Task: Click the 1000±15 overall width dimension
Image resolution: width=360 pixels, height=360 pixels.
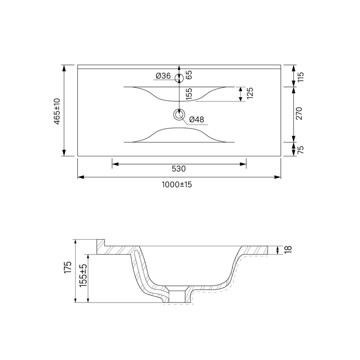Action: coord(177,185)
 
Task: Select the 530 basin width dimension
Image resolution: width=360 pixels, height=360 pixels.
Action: coord(178,169)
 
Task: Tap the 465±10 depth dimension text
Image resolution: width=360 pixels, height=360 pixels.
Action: coord(57,112)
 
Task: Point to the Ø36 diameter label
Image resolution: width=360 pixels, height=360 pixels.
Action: coord(163,76)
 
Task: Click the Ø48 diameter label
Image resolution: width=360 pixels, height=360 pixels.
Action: coord(196,119)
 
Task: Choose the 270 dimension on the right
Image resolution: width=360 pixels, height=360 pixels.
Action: coord(299,113)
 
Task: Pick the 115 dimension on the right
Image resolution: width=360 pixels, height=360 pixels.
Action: coord(300,77)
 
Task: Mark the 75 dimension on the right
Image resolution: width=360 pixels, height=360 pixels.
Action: coord(300,150)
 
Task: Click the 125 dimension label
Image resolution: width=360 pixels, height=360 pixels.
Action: coord(250,93)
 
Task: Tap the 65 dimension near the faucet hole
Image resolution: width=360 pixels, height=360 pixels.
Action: coord(189,75)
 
